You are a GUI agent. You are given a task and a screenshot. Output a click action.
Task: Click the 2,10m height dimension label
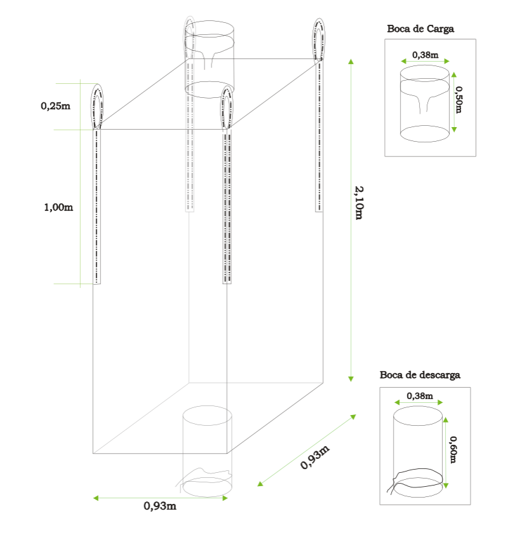pos(359,203)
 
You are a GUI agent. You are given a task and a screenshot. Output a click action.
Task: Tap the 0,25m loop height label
pos(55,106)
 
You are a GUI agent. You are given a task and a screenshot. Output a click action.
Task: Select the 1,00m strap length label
pos(58,207)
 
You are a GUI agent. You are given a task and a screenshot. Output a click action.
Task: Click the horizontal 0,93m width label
pos(160,506)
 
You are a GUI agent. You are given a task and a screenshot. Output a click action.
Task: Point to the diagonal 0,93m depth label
pos(315,457)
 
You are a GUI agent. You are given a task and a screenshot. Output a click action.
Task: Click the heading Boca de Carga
pos(420,29)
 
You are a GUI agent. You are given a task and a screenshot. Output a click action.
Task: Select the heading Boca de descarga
pos(420,375)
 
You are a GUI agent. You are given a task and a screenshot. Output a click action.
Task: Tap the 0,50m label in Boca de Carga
pos(458,99)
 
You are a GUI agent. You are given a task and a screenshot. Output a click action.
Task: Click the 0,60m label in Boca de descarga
pos(453,450)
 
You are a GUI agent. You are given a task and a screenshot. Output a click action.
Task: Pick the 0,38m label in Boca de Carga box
pos(425,55)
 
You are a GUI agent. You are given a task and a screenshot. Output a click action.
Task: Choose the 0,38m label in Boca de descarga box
pos(420,396)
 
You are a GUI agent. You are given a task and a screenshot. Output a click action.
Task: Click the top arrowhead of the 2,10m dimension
pos(351,61)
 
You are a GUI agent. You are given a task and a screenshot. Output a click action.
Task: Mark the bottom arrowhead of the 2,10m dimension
pos(351,379)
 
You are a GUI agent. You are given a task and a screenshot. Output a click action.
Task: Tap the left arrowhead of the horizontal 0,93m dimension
pos(96,498)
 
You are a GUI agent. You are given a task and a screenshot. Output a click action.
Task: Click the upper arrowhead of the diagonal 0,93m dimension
pos(353,417)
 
